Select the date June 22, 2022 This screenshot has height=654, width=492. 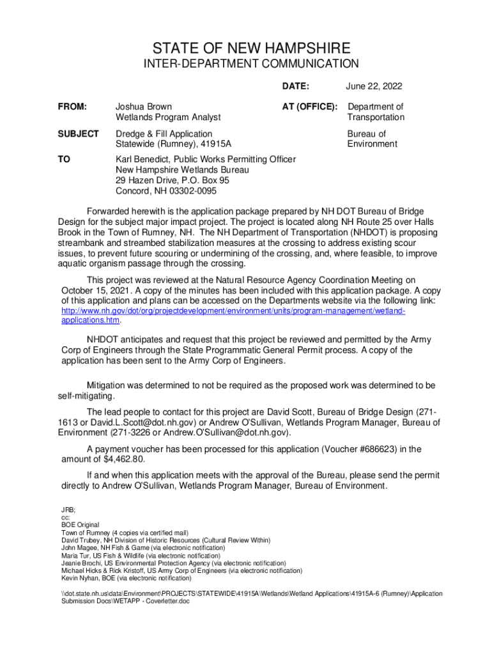point(374,86)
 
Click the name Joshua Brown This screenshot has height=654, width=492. point(143,107)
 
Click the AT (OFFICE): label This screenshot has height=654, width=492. point(310,107)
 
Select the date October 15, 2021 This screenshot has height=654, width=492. point(96,290)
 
